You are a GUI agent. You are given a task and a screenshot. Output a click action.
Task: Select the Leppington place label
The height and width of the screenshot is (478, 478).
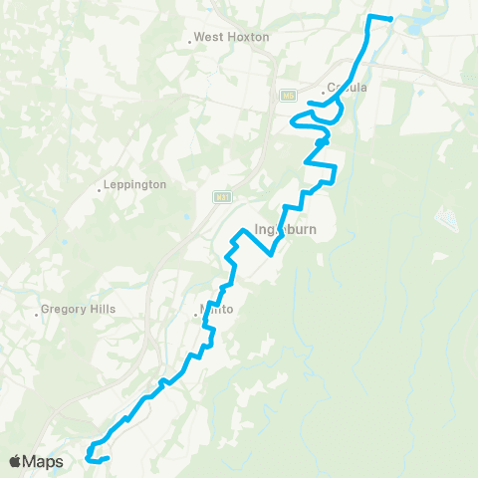[136, 185]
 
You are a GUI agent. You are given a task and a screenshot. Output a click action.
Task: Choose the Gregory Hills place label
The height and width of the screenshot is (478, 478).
[80, 310]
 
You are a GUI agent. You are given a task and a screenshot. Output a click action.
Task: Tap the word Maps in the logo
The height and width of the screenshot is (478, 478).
[45, 461]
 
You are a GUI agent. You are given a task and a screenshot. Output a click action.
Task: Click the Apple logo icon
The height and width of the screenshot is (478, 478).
[17, 461]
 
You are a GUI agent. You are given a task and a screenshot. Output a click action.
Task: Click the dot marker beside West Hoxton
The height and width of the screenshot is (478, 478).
[190, 42]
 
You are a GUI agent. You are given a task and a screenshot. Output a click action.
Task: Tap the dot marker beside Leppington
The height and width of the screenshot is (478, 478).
[101, 189]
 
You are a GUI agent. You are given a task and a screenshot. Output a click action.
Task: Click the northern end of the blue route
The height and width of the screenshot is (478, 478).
[391, 19]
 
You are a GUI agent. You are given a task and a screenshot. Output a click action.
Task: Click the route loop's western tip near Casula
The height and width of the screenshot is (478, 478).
[292, 122]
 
